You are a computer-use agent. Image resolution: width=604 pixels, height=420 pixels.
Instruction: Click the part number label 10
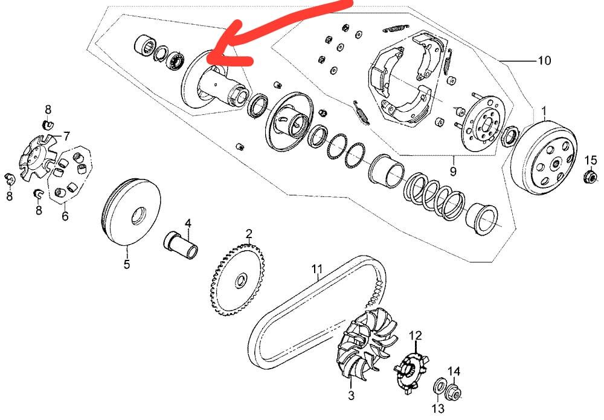point(544,60)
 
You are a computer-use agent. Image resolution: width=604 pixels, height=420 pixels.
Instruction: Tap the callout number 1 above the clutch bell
point(544,112)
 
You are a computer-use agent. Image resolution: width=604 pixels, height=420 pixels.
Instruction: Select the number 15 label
point(591,160)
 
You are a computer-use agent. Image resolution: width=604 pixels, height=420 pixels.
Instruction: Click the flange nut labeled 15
point(590,177)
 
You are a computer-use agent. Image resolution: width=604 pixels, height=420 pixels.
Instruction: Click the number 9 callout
point(454,171)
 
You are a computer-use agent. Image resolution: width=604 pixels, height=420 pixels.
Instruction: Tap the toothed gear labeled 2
point(238,280)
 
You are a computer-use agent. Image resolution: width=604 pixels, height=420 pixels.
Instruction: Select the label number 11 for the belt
point(316,268)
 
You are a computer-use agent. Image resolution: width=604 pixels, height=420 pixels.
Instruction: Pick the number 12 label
point(416,335)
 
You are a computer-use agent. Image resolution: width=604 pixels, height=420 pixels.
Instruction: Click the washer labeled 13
point(439,387)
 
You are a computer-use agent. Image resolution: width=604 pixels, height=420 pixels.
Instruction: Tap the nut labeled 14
point(454,392)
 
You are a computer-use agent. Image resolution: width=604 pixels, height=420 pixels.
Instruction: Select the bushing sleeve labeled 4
point(181,245)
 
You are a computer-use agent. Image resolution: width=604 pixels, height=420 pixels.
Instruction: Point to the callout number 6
point(65,216)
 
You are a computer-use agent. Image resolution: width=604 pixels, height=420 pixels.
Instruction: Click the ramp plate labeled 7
point(37,158)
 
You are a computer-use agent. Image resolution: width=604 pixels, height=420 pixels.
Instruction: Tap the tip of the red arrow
point(208,59)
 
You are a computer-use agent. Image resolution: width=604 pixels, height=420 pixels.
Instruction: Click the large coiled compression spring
point(434,196)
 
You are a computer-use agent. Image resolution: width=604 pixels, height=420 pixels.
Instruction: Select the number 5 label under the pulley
point(127,264)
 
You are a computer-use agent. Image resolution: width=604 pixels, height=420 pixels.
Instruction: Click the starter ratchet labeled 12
point(411,370)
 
